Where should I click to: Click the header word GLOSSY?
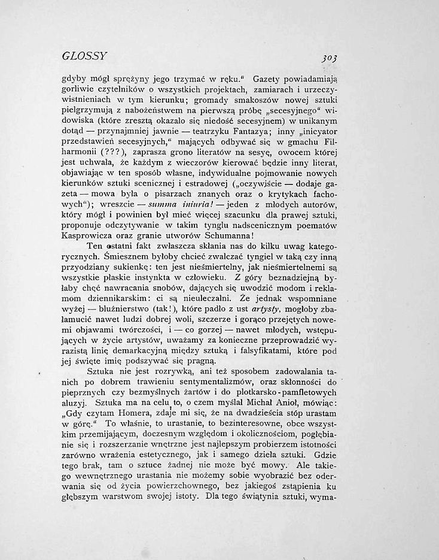[x=84, y=56]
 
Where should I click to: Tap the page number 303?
[x=328, y=58]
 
